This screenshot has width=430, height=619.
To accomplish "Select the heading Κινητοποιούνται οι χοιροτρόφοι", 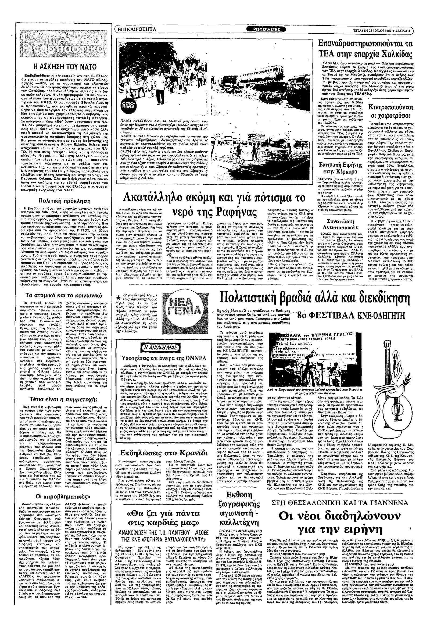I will tap(391, 111).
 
